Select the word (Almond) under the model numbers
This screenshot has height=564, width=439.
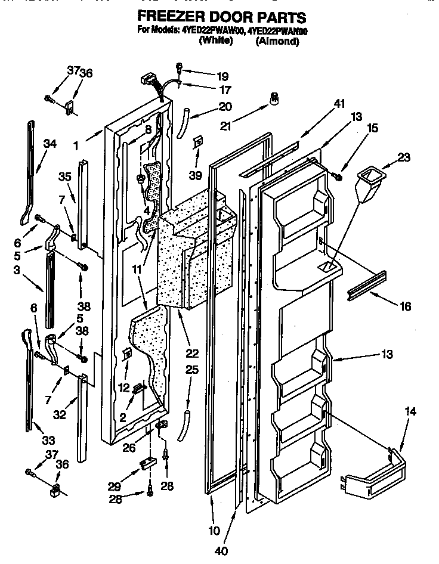[277, 42]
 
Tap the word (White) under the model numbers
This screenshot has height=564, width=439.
[215, 42]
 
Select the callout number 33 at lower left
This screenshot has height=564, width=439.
[48, 441]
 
